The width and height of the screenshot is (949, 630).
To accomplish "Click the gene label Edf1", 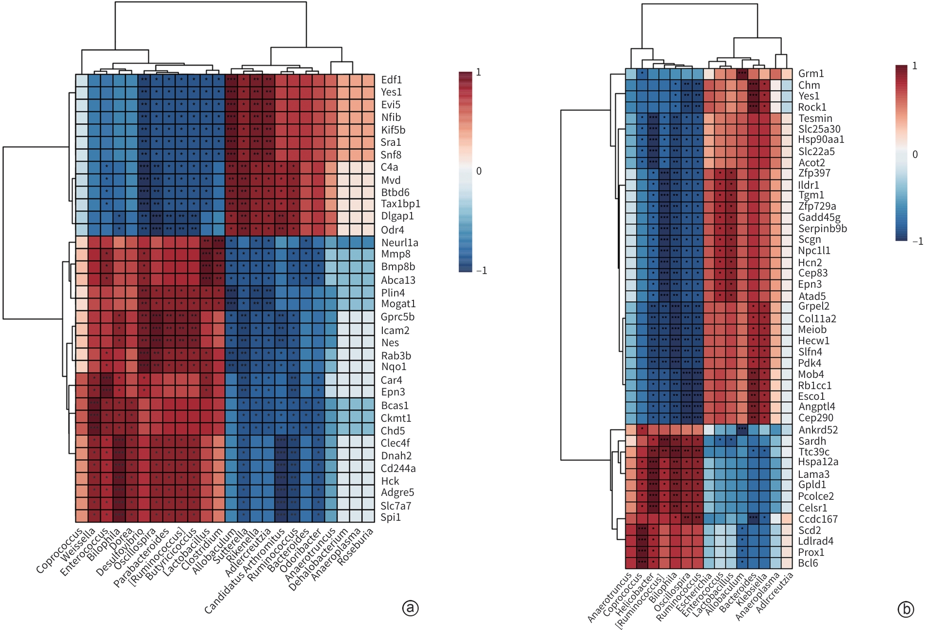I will click(391, 80).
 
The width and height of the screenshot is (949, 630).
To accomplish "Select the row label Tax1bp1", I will click(400, 204).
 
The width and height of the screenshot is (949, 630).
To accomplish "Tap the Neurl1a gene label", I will click(399, 242).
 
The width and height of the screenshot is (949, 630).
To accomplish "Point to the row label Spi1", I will click(391, 517).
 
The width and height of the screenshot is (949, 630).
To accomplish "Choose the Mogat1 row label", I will click(398, 304).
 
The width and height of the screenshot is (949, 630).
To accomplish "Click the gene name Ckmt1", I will click(395, 418).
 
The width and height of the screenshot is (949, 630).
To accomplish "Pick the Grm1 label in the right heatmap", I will click(811, 74).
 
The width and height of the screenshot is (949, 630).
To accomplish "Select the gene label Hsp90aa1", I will click(821, 139).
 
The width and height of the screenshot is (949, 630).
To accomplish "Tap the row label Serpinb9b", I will click(822, 228).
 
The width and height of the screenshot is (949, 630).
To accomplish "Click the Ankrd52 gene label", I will click(818, 430).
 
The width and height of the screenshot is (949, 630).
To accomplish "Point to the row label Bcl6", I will click(808, 563).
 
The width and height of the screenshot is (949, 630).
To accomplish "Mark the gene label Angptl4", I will click(816, 406).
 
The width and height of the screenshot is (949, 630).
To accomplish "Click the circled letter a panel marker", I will click(410, 608).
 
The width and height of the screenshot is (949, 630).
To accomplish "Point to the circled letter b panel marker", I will click(906, 609).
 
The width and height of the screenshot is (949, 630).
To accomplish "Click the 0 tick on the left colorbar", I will click(478, 171).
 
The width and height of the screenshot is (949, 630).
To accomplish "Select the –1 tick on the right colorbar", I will click(917, 241).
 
